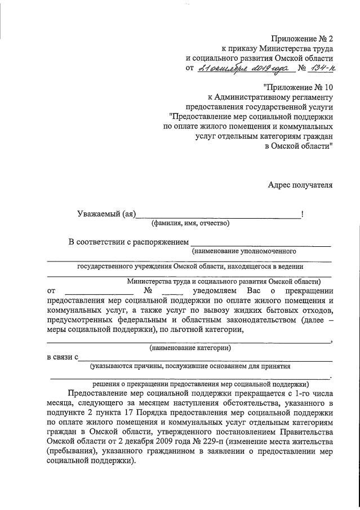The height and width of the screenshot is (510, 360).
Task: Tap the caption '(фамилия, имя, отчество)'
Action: (x=190, y=223)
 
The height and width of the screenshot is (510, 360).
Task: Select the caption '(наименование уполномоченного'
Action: (x=243, y=251)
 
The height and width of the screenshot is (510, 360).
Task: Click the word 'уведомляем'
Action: (x=212, y=291)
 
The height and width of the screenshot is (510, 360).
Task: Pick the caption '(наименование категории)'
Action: (x=190, y=348)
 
